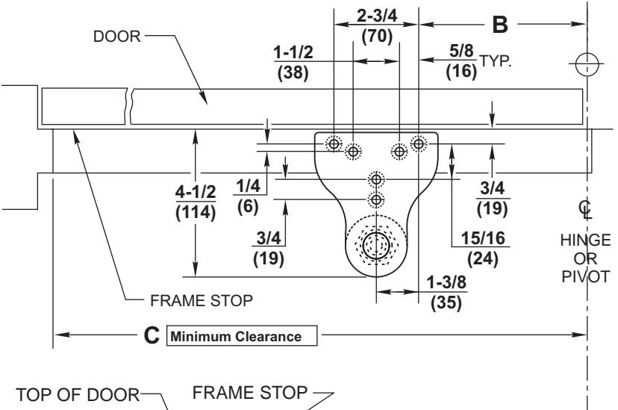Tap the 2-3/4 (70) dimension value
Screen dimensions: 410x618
point(376,26)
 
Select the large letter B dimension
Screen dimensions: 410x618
point(501,25)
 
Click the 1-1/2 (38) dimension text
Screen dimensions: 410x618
point(292,63)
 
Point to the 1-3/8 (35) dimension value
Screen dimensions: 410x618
point(446,293)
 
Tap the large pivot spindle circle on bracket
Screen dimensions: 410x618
point(376,244)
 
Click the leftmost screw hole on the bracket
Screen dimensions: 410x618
point(334,142)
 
